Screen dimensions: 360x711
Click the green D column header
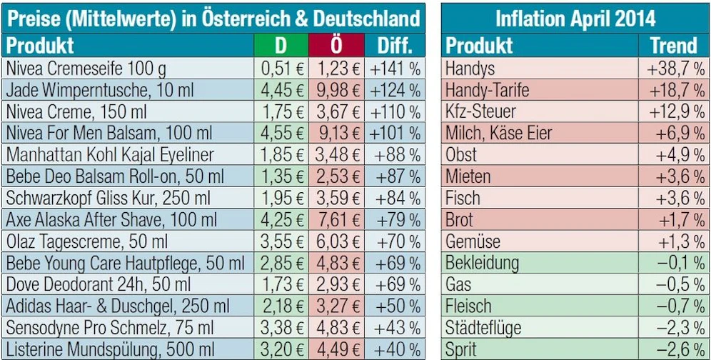click(281, 46)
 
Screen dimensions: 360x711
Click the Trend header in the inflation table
click(673, 46)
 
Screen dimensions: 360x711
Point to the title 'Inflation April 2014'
click(575, 18)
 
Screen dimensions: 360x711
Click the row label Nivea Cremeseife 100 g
click(85, 69)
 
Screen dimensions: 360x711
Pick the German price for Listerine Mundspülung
click(281, 350)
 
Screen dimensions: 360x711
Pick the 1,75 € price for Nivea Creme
click(281, 112)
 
